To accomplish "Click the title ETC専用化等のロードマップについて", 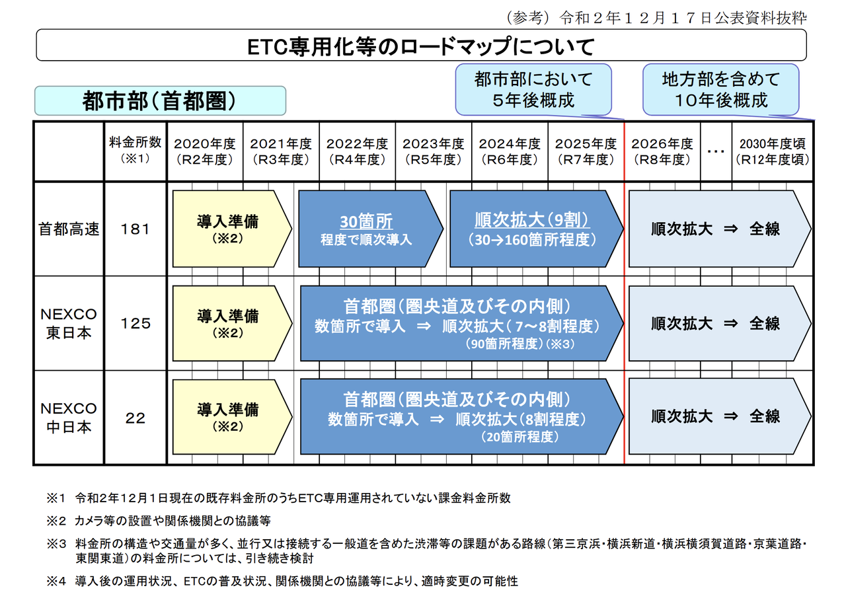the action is point(421,46).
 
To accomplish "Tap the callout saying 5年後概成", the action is point(533,90).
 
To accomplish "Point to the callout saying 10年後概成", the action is point(721,90).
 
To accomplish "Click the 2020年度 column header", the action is point(205,151).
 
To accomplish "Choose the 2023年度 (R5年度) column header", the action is point(434,151).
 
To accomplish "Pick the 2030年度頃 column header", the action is point(773,151).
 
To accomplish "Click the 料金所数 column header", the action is point(135,151).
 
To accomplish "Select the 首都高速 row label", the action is point(68,229).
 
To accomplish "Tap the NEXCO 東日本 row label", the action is point(68,323).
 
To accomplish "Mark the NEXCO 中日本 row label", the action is point(68,418).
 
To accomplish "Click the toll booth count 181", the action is point(135,229).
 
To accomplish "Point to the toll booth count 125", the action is point(135,323).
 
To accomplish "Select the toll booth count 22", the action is point(135,418).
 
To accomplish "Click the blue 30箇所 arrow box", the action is point(367,229).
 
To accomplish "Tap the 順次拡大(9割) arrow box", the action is point(533,229).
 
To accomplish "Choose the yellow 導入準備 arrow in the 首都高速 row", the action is point(229,229).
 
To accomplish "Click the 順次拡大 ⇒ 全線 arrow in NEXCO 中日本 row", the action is point(716,417).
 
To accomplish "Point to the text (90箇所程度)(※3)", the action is point(521,344).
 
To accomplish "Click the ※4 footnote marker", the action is point(57,582).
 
